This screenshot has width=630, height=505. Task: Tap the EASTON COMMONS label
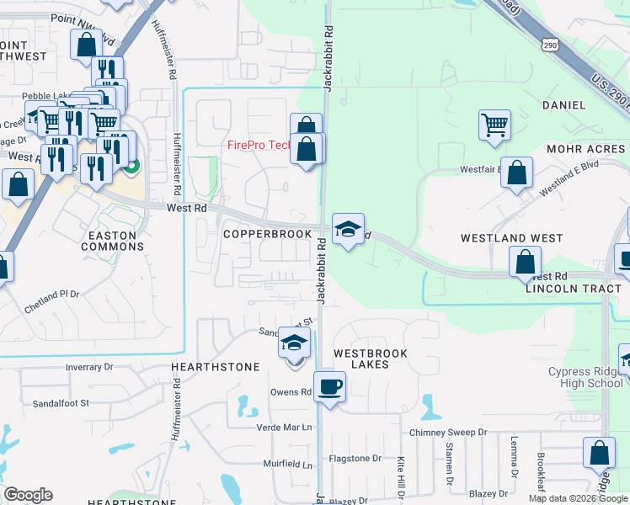pos(112,241)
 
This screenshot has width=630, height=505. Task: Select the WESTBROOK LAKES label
pos(371,359)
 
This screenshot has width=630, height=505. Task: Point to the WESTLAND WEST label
pos(511,238)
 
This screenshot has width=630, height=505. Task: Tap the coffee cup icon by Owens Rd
pos(330,387)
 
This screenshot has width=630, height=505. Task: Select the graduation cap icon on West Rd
pos(347,229)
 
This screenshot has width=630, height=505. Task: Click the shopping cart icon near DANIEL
pos(494,125)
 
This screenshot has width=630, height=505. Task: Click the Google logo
pos(28,495)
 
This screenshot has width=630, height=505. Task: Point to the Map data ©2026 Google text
pos(577,498)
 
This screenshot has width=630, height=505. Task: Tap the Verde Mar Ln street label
pos(285,427)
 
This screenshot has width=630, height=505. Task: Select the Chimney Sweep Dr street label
pos(449,432)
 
